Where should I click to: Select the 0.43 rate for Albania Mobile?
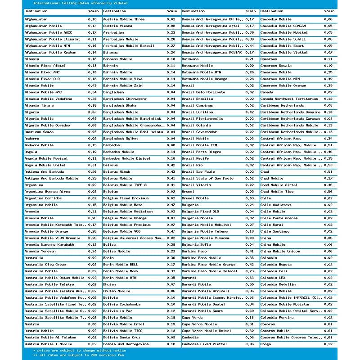(x=92, y=85)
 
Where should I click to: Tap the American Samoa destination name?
(x=39, y=132)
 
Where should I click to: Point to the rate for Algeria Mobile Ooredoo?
(x=92, y=125)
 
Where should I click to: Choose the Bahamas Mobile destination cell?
(x=117, y=59)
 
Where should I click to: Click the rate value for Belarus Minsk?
(x=171, y=171)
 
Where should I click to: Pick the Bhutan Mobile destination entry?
(x=117, y=291)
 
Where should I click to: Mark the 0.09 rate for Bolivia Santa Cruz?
(x=171, y=337)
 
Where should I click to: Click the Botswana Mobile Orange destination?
(x=201, y=79)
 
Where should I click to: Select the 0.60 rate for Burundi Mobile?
(x=250, y=284)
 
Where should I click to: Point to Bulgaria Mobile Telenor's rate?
(x=250, y=231)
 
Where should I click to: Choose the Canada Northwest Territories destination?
(x=289, y=99)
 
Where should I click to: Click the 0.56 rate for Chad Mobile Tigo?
(x=328, y=191)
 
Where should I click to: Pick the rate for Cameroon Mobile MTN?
(x=328, y=79)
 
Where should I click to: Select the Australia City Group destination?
(x=45, y=265)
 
